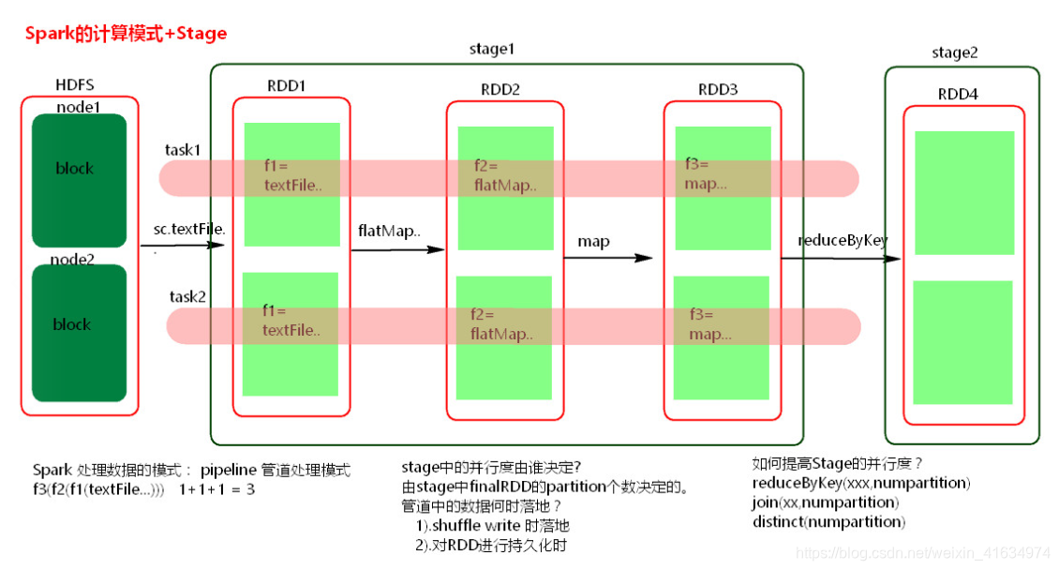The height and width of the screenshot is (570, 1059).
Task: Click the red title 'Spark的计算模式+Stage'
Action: coord(126,34)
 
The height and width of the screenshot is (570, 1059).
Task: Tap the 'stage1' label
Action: coord(491,49)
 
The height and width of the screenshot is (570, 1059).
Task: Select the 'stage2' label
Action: coord(954,52)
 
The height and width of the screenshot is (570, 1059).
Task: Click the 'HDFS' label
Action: coord(75,86)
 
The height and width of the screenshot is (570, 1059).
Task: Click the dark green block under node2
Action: coord(79,333)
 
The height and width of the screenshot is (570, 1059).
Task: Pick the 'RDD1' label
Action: coord(286,86)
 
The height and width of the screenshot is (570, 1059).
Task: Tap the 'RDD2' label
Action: coord(500,90)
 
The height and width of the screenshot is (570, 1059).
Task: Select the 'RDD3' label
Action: coord(717,90)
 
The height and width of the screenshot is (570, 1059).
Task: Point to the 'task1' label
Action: coord(184,150)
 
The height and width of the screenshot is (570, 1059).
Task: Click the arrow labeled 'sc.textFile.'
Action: coord(184,246)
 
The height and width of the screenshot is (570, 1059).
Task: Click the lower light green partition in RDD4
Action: coord(962,342)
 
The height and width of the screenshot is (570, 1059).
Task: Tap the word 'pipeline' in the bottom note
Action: coord(228,470)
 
